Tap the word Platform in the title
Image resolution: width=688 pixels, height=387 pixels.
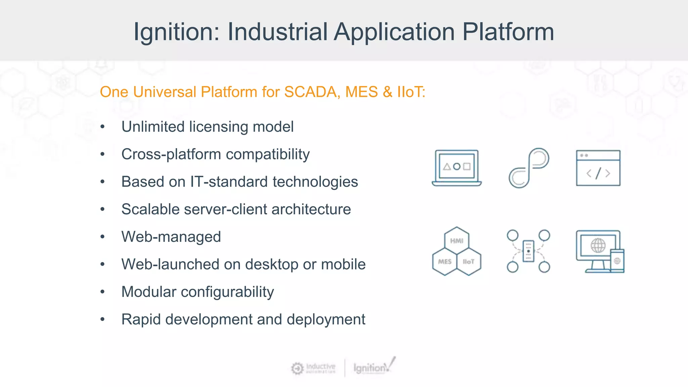[508, 32]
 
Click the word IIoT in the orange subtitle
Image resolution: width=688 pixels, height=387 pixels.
[411, 92]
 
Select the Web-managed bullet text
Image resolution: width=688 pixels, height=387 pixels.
[171, 237]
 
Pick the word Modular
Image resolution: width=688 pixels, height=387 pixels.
[148, 292]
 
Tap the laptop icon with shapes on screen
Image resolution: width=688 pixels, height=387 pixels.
[457, 168]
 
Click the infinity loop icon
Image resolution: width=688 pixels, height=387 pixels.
[529, 168]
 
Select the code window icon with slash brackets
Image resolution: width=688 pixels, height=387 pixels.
[598, 168]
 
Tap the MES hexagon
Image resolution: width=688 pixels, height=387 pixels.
[444, 262]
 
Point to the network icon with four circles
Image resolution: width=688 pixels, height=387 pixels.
[528, 251]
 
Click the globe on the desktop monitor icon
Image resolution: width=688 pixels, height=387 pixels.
[598, 246]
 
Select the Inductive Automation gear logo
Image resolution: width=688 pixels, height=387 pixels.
[297, 368]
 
